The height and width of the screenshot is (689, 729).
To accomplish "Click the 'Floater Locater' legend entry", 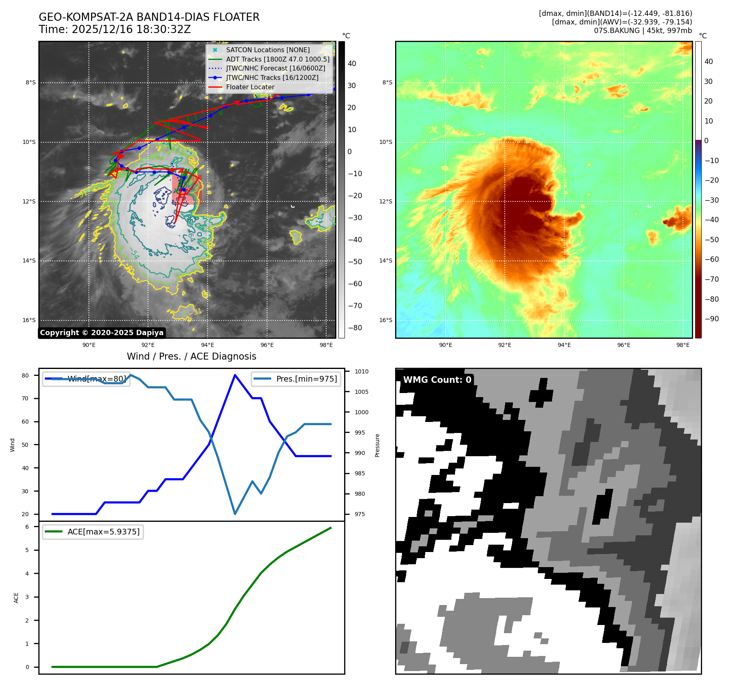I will coord(250,87).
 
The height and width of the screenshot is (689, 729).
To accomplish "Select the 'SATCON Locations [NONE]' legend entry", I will coord(267,50).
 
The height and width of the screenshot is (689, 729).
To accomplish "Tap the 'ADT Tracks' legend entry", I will coord(277,59).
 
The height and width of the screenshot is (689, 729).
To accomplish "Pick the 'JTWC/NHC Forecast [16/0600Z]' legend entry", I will coord(276,68).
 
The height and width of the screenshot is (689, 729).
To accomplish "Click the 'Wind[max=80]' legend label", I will coord(97,379).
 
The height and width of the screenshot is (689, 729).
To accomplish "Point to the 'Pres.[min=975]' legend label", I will coord(307,379).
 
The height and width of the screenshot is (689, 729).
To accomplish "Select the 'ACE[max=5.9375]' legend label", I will coord(104,532).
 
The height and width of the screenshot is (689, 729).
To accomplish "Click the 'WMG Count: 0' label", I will coord(437,380).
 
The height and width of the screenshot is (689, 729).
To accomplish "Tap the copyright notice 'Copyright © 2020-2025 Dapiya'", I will coord(102,333).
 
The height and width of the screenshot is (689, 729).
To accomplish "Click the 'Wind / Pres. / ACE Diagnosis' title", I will coord(191,356).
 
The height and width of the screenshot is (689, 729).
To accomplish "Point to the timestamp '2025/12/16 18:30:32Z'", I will coord(131,29).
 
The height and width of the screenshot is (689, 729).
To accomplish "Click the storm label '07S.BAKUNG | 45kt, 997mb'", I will coord(643,31).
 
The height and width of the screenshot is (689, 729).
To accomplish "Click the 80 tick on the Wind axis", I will coord(25,375).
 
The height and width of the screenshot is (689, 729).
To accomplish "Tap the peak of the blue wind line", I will coord(235,375).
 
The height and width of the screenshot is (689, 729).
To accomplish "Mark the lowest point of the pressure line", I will coord(235,514).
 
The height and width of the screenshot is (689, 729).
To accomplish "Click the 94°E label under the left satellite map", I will coord(208,345).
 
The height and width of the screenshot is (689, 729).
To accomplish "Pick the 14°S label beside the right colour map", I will coord(386,261).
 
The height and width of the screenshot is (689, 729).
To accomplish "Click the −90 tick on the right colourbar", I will coord(712,319).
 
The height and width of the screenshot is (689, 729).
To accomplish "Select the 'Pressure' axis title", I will coord(377,445).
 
